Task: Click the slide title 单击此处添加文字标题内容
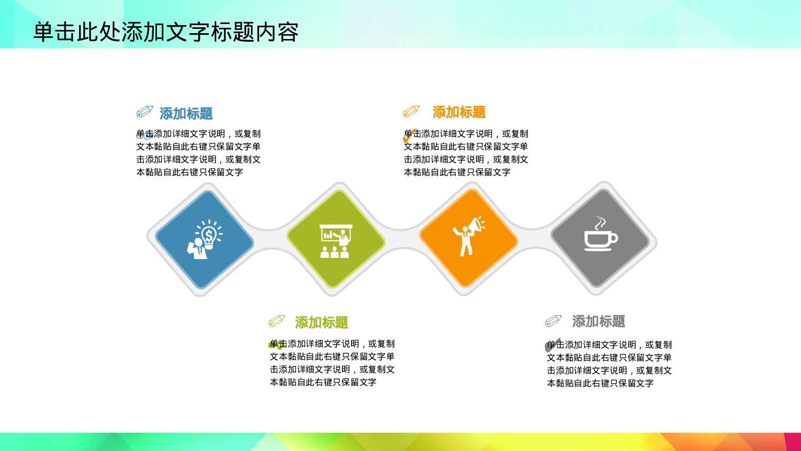point(166,32)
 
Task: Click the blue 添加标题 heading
point(186,113)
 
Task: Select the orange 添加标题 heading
point(459,112)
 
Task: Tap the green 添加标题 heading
point(321,322)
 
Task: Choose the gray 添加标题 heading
point(598,321)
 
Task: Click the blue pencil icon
point(145,111)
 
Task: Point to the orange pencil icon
point(411,111)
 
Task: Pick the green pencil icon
point(277,321)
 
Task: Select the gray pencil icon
point(553,321)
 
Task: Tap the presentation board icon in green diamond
point(336,241)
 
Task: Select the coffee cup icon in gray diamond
point(600,239)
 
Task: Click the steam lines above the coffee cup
point(600,222)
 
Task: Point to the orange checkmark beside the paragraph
point(409,136)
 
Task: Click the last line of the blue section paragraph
point(190,172)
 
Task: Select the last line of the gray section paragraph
point(600,383)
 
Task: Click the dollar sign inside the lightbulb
point(209,235)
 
